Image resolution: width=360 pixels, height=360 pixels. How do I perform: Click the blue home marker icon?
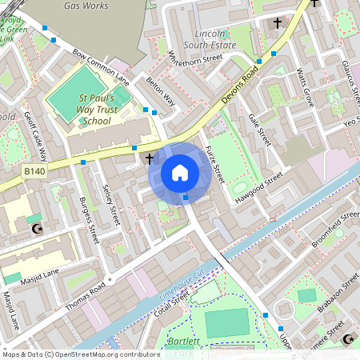click(180, 173)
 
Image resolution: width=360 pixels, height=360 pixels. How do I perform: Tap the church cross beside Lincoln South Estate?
click(278, 24)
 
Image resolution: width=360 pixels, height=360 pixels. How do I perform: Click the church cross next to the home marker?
click(150, 158)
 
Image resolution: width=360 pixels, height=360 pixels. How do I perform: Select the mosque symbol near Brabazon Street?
click(348, 340)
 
